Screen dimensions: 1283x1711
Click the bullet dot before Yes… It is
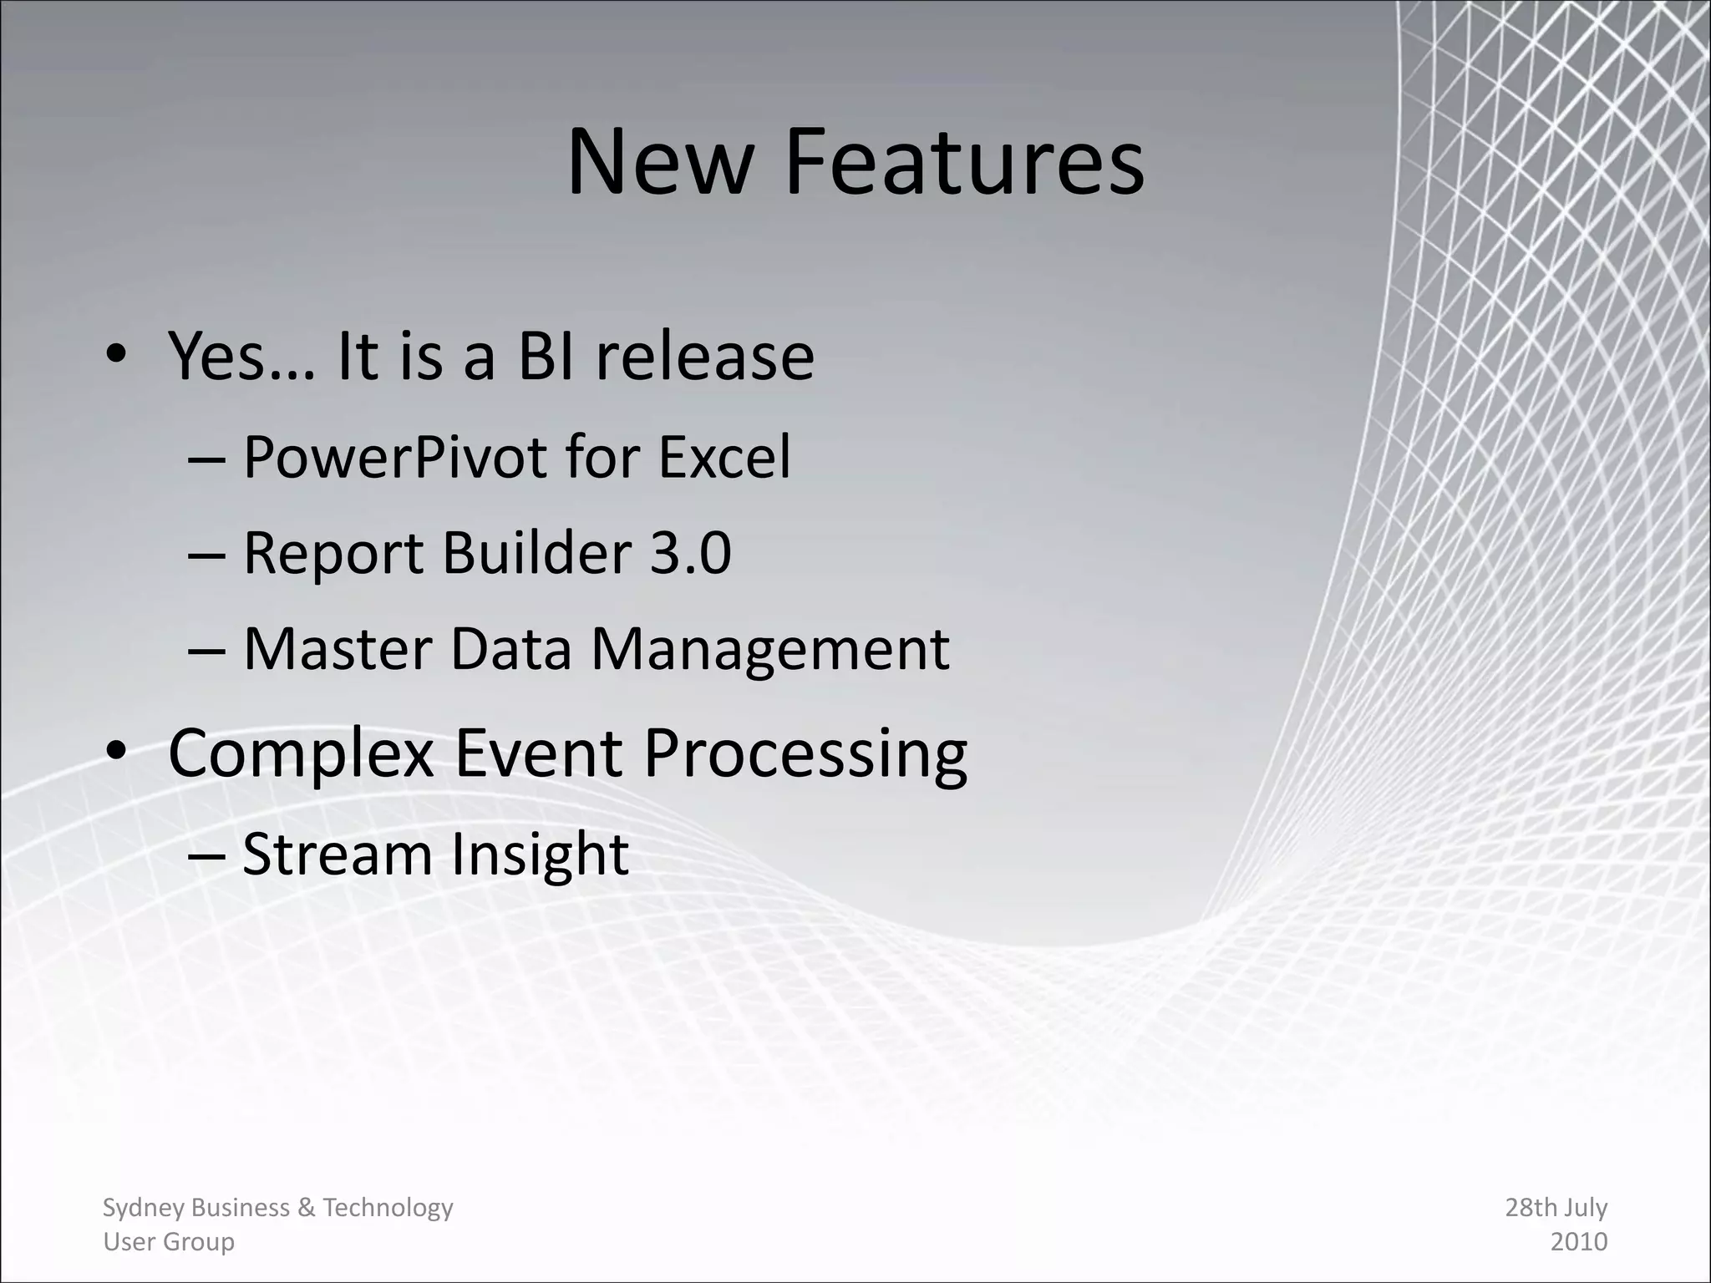tap(116, 354)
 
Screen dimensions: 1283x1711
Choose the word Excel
tap(723, 458)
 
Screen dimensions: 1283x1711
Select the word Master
tap(338, 649)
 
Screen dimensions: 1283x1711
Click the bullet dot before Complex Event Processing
tap(116, 751)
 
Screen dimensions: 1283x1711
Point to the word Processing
tap(805, 754)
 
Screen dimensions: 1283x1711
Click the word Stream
tap(337, 854)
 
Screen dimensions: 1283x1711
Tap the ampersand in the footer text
tap(306, 1208)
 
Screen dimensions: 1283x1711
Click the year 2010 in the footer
tap(1578, 1242)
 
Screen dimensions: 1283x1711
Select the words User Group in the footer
tap(169, 1242)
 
